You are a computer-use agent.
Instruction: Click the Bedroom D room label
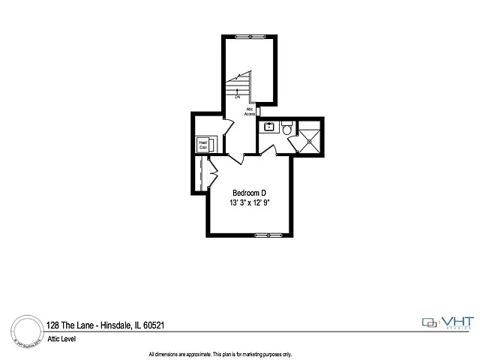click(250, 193)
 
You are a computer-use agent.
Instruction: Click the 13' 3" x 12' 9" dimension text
click(250, 202)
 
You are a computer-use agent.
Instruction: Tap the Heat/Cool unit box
click(203, 144)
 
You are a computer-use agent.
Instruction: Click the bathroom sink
click(268, 127)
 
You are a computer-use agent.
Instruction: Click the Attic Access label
click(250, 111)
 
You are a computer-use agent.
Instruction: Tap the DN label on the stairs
click(237, 97)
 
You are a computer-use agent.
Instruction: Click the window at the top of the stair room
click(250, 37)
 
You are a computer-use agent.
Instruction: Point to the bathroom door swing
click(268, 150)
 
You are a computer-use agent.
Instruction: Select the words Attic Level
click(63, 339)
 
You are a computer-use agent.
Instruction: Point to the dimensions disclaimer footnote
click(220, 354)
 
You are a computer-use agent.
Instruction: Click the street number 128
click(52, 325)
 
